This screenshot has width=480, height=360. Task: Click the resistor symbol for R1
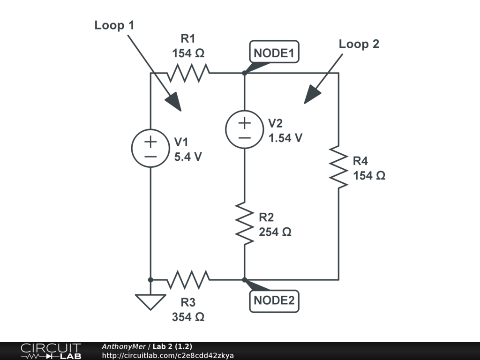(188, 73)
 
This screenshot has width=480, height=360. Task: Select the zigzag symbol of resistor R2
(245, 223)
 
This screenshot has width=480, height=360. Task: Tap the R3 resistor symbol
(188, 280)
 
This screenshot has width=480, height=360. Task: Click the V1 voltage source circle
(150, 149)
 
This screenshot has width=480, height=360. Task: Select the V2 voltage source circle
(244, 129)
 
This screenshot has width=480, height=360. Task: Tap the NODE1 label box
(274, 52)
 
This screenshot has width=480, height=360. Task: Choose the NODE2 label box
(274, 300)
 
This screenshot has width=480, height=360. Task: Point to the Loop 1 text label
(114, 25)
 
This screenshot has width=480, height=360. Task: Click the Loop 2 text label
(359, 44)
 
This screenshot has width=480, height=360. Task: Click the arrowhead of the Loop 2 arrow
(311, 95)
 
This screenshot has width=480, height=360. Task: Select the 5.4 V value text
(188, 157)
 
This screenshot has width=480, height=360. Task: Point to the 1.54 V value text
(285, 138)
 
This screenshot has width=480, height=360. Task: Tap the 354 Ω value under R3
(188, 317)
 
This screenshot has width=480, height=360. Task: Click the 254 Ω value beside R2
(275, 232)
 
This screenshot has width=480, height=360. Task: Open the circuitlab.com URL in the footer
(168, 355)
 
